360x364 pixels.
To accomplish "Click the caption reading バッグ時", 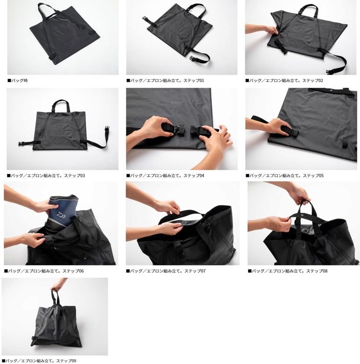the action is [x=18, y=81].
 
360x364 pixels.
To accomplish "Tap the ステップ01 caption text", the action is [x=165, y=81].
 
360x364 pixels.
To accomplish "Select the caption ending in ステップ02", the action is [x=284, y=81].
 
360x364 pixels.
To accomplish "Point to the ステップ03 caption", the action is [x=46, y=176].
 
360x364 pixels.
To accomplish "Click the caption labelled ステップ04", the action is [x=165, y=176].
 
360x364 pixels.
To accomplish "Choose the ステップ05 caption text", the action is [x=284, y=176].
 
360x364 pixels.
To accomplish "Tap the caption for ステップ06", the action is [x=44, y=271].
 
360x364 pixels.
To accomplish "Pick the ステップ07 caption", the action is [x=166, y=271].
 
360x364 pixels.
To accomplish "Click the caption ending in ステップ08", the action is [x=288, y=271].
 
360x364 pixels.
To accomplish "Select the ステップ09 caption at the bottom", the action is [x=39, y=361].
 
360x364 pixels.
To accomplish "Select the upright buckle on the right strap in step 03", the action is [x=107, y=129].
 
